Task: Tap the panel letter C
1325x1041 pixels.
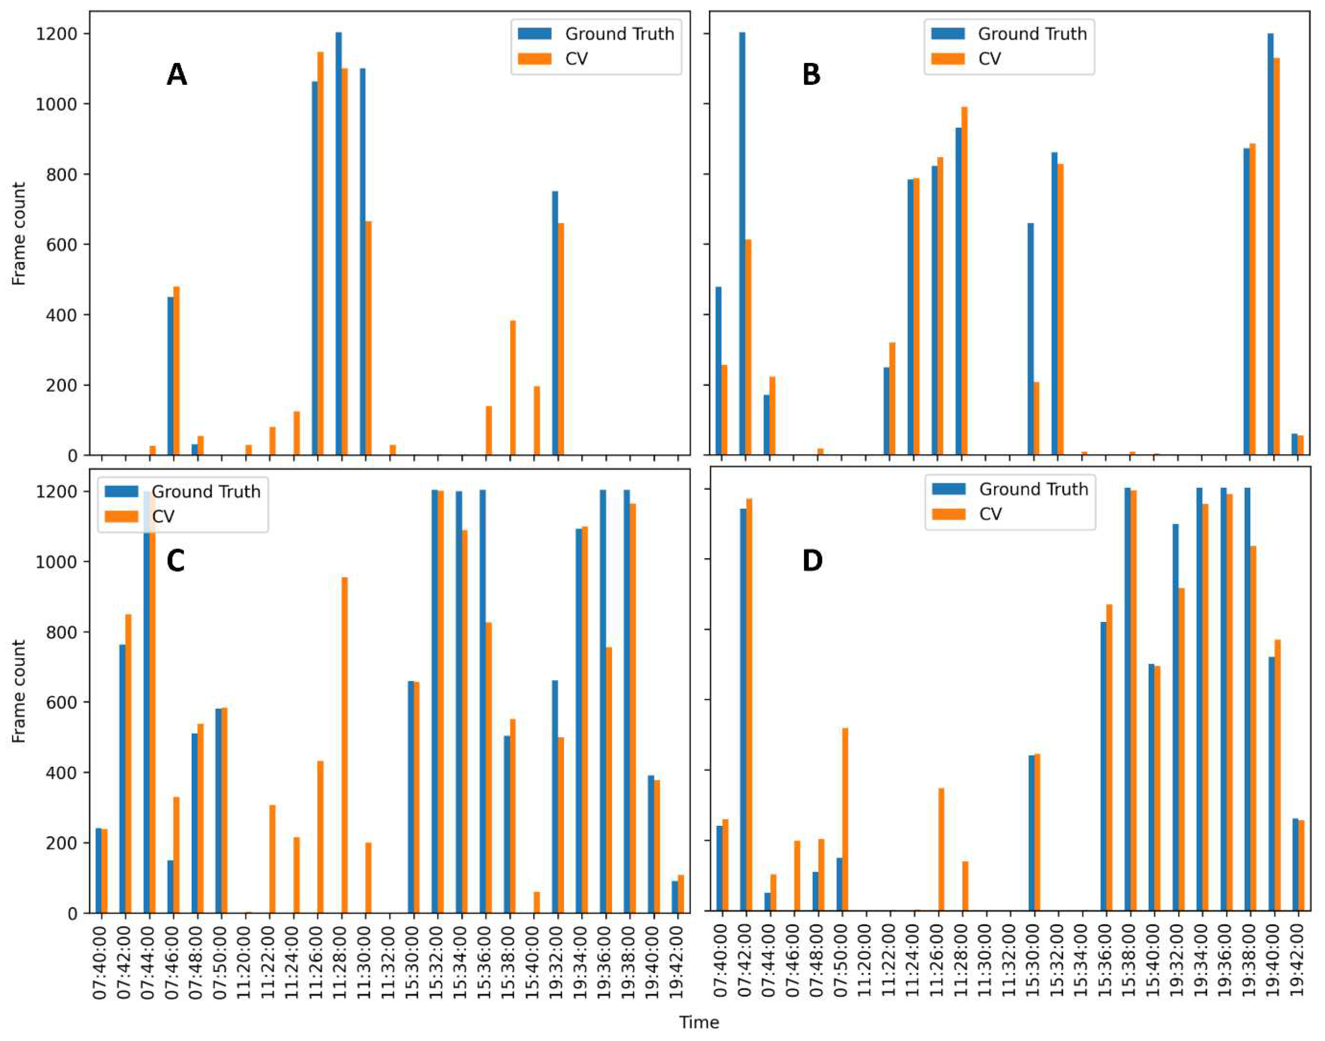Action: (x=176, y=561)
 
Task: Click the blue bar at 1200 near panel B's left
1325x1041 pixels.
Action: (x=742, y=244)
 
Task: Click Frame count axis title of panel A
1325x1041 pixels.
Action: (x=19, y=234)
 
